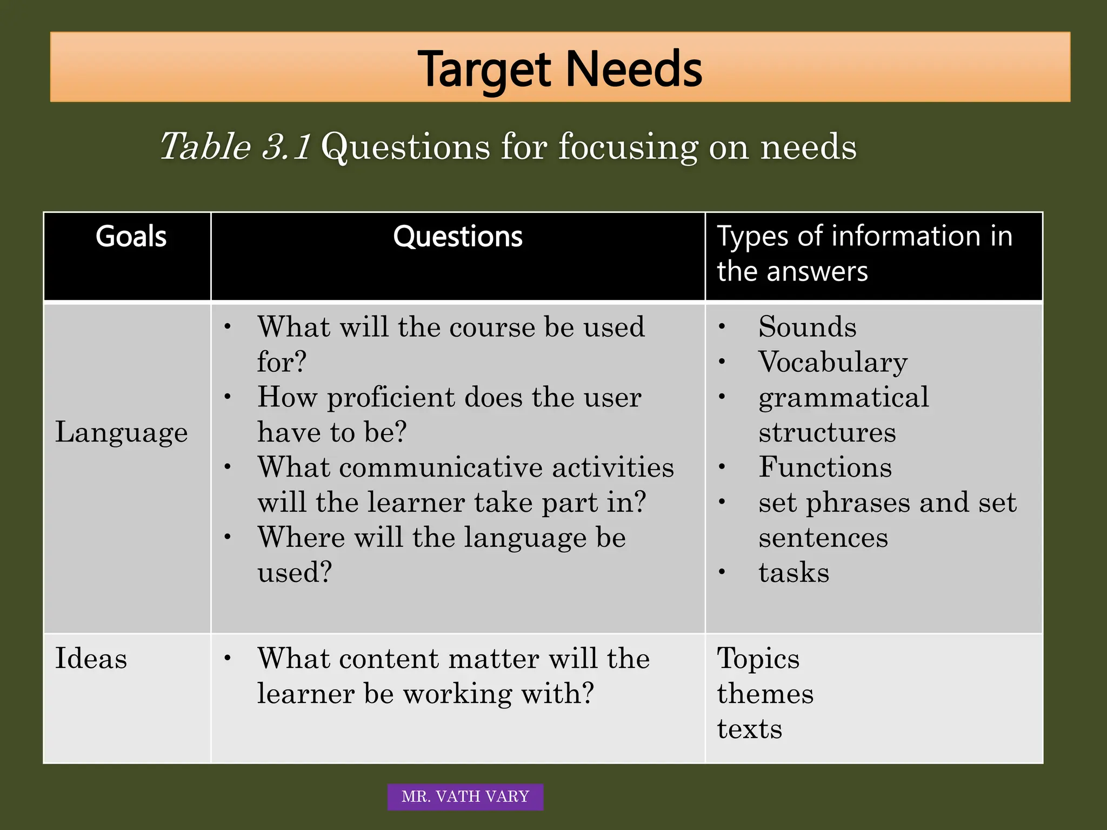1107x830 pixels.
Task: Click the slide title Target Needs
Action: click(560, 69)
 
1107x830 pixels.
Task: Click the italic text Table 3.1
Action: click(236, 146)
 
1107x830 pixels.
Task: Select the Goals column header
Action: click(131, 237)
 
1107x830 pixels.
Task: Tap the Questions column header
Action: click(458, 237)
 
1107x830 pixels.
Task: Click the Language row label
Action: click(122, 432)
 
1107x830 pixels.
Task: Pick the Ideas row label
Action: click(91, 659)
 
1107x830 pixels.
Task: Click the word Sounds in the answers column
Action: click(807, 327)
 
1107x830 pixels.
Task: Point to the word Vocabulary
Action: click(832, 362)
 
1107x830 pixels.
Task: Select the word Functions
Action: click(825, 467)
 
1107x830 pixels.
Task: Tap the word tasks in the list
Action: click(793, 573)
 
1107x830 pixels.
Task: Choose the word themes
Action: click(765, 694)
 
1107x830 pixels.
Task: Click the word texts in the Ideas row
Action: click(749, 729)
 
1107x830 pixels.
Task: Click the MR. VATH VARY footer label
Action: click(465, 796)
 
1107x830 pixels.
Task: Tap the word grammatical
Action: click(843, 398)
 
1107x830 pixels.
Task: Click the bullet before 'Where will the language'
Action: click(228, 537)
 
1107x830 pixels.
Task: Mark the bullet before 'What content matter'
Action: click(228, 658)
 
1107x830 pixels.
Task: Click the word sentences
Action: click(823, 538)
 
